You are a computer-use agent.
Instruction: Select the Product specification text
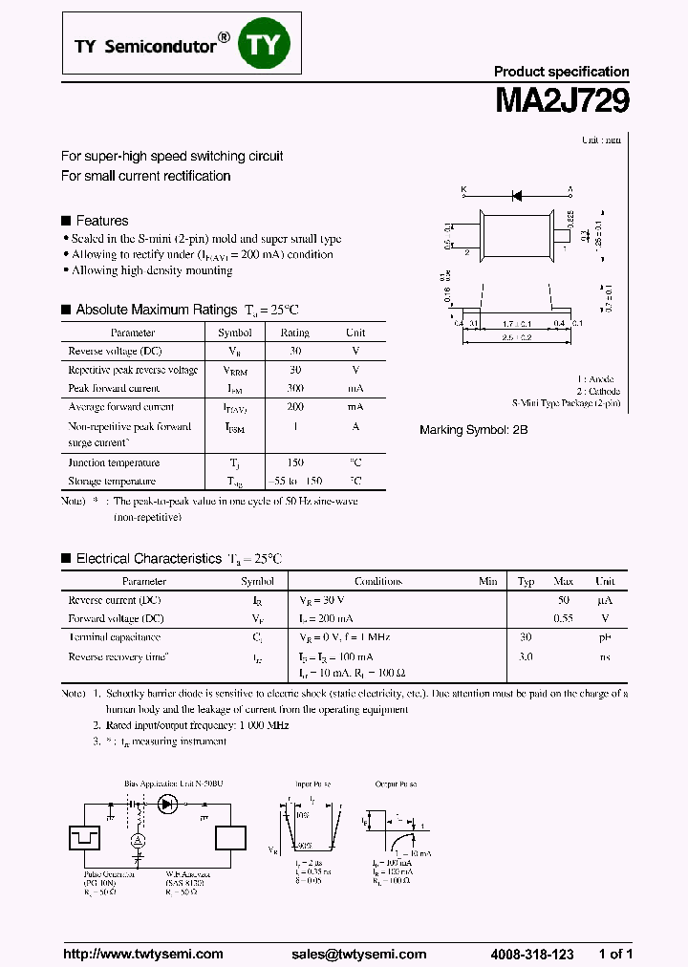click(x=561, y=72)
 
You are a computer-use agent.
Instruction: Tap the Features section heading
click(x=101, y=221)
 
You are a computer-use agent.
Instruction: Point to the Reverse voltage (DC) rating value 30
click(x=294, y=351)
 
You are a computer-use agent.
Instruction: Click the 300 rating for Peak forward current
click(x=294, y=389)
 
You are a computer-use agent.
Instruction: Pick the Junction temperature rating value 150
click(x=294, y=462)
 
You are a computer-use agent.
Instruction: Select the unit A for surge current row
click(x=355, y=427)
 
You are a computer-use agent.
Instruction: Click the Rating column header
click(x=294, y=333)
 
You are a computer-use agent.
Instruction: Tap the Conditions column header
click(x=378, y=581)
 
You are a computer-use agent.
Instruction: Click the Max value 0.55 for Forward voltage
click(x=564, y=618)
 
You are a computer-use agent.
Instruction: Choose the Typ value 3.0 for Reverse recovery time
click(x=526, y=656)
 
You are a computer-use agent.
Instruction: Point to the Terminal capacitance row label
click(x=114, y=637)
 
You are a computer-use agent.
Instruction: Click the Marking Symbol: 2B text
click(x=473, y=430)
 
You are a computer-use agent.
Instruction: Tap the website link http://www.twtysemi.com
click(x=142, y=954)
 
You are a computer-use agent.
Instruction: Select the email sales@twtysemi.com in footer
click(x=358, y=954)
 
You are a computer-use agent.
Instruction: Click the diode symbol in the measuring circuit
click(x=168, y=804)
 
